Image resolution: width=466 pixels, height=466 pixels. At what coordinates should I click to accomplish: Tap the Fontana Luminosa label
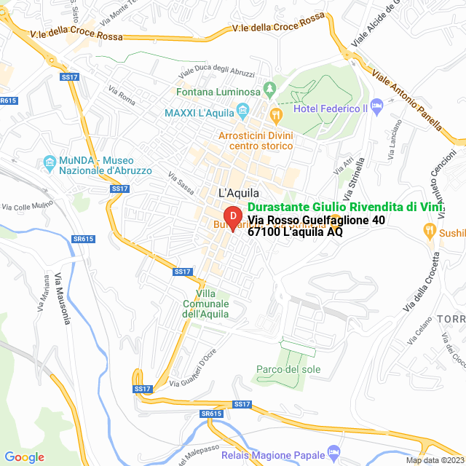tap(218, 92)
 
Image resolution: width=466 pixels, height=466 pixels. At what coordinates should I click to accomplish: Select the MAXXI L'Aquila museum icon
tap(243, 113)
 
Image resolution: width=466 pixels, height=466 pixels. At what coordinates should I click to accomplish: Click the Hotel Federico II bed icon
tap(377, 107)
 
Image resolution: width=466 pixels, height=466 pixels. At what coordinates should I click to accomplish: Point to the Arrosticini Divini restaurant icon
tap(275, 114)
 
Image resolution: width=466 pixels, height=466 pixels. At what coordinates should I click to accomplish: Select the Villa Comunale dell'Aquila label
tap(205, 304)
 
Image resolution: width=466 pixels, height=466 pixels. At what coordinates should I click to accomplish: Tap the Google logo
tap(24, 457)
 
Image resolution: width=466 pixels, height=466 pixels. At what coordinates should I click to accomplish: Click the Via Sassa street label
tap(181, 183)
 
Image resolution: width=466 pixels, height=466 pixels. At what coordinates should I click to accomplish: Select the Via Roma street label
tap(122, 94)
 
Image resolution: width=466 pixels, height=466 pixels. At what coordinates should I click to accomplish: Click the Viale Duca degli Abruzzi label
tap(217, 74)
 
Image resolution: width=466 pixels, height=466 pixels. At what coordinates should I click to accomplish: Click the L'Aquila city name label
tap(237, 192)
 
